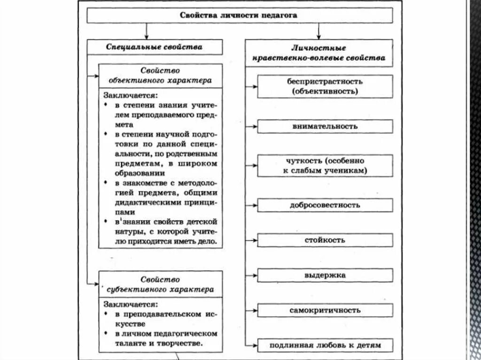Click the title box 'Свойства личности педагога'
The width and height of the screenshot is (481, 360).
pyautogui.click(x=240, y=15)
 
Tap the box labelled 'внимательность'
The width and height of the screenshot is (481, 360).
pyautogui.click(x=325, y=126)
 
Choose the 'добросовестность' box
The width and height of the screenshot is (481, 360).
pyautogui.click(x=325, y=205)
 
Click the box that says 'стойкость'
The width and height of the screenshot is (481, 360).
pyautogui.click(x=325, y=240)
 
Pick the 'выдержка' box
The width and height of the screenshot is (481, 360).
pyautogui.click(x=325, y=276)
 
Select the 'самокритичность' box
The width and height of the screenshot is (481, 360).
pyautogui.click(x=325, y=310)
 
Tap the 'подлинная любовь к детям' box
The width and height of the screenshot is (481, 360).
pyautogui.click(x=325, y=346)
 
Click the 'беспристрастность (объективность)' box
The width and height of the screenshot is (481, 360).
pyautogui.click(x=325, y=86)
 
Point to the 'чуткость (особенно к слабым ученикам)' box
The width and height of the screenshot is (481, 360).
pyautogui.click(x=325, y=166)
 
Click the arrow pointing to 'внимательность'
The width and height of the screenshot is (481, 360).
pyautogui.click(x=252, y=126)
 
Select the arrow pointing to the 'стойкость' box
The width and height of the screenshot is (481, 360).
pyautogui.click(x=252, y=240)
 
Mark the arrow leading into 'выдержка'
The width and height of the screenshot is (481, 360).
pyautogui.click(x=252, y=276)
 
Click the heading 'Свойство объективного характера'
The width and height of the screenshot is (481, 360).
pyautogui.click(x=160, y=75)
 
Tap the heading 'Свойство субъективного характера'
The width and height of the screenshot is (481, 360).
pyautogui.click(x=160, y=284)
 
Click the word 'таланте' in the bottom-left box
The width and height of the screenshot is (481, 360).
pyautogui.click(x=124, y=343)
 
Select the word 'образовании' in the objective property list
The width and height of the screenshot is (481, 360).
pyautogui.click(x=126, y=172)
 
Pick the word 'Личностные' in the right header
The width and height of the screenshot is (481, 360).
pyautogui.click(x=318, y=48)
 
